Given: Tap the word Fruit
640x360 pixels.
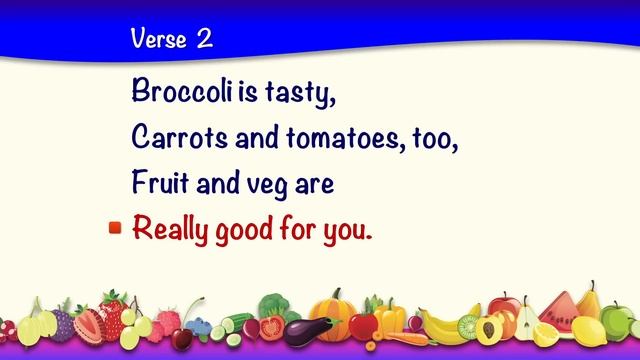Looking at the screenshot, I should (x=159, y=185).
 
